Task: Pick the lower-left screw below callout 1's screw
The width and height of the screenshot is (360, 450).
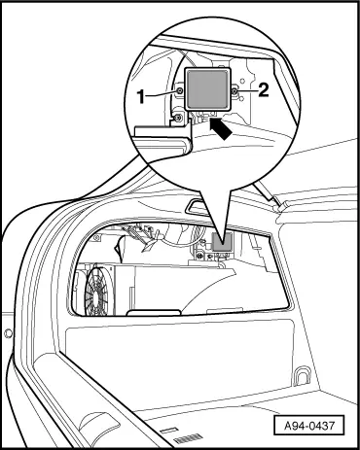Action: (177, 120)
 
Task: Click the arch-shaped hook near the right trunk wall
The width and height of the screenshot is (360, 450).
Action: (302, 373)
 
